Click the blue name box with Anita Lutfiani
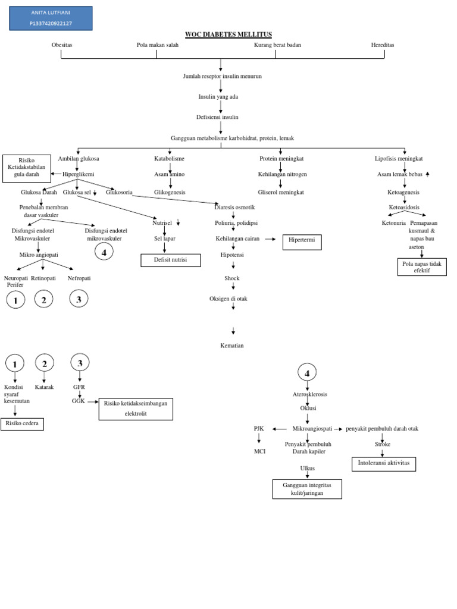pos(51,18)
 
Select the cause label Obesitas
pos(62,45)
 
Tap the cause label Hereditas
pos(383,45)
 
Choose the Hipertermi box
pos(302,242)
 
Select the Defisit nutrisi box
pos(171,260)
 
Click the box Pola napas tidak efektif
pos(422,267)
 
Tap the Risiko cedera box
pos(22,423)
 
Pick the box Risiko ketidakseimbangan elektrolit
pos(136,409)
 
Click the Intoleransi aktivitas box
pos(384,464)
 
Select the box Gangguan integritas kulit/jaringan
pos(307,489)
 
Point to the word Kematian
pos(232,346)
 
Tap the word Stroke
pos(383,444)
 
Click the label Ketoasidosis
pos(404,208)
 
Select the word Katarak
pos(44,387)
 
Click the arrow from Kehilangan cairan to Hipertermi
pos(271,238)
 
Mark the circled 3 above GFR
pos(80,362)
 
